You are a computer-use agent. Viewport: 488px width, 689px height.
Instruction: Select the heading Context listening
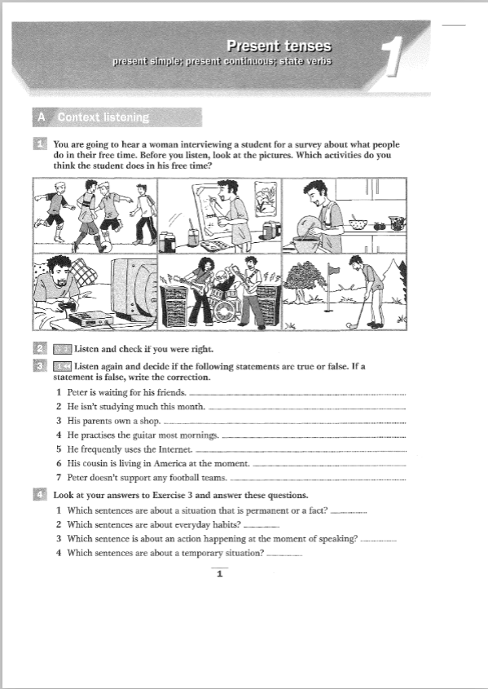click(103, 118)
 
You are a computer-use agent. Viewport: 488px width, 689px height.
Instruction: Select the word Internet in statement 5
click(175, 448)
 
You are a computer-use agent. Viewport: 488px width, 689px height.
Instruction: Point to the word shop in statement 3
click(152, 421)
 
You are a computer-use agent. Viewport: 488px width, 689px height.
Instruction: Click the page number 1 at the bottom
click(219, 574)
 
